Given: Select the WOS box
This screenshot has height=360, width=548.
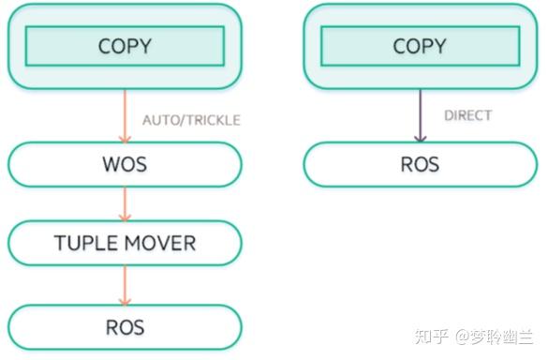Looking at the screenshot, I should point(125,165).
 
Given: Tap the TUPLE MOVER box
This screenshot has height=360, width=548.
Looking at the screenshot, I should point(125,244).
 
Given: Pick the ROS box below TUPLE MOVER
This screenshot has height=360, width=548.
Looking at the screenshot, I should point(125,327).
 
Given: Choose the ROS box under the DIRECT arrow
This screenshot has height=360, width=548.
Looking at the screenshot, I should point(419,165).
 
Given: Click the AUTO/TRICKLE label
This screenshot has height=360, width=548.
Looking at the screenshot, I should point(191,120).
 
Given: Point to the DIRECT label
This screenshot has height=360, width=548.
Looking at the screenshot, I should point(467,116).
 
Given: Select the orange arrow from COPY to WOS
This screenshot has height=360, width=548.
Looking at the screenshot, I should point(124,114).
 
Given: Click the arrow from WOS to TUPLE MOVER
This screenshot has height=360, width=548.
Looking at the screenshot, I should point(124,204).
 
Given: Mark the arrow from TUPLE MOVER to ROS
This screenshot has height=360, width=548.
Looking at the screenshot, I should point(124,285).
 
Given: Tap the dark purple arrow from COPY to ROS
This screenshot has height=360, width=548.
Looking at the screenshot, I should point(419,114).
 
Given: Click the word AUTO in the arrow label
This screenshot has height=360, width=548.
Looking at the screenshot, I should point(158,120).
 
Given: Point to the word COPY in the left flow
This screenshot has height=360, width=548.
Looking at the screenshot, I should point(125,46).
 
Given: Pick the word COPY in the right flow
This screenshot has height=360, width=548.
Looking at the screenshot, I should point(419,46).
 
